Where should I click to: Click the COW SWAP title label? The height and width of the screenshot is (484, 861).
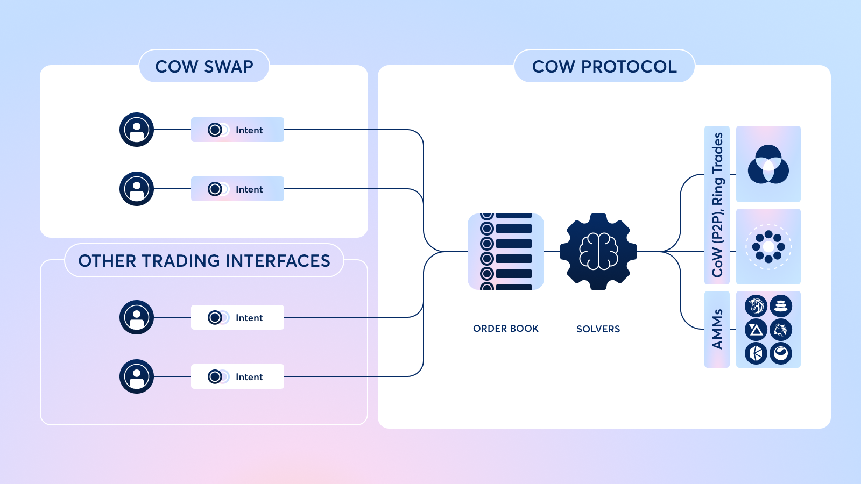pyautogui.click(x=204, y=66)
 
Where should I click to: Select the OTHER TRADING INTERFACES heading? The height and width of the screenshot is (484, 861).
pyautogui.click(x=204, y=261)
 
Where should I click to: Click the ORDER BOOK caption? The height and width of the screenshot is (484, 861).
pyautogui.click(x=505, y=329)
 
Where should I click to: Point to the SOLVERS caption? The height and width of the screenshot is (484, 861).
pyautogui.click(x=598, y=329)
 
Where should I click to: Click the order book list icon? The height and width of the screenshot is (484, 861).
pyautogui.click(x=505, y=252)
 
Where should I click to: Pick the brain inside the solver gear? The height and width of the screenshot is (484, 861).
pyautogui.click(x=598, y=251)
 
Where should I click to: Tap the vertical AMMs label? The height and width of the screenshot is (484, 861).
pyautogui.click(x=717, y=329)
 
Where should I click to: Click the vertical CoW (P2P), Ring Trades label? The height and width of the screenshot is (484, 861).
pyautogui.click(x=717, y=205)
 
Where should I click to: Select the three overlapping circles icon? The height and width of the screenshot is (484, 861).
pyautogui.click(x=768, y=164)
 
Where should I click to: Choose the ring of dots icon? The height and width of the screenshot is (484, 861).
pyautogui.click(x=768, y=247)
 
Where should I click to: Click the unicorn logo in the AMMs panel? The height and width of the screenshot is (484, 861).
pyautogui.click(x=756, y=306)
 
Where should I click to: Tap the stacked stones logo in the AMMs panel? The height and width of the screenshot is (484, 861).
pyautogui.click(x=780, y=306)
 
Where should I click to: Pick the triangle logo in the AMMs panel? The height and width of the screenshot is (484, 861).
pyautogui.click(x=756, y=330)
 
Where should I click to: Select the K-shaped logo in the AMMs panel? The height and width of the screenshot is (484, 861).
pyautogui.click(x=756, y=353)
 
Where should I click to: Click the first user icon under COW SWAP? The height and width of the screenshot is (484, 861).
pyautogui.click(x=137, y=130)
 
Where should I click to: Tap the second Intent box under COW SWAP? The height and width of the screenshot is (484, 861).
pyautogui.click(x=237, y=189)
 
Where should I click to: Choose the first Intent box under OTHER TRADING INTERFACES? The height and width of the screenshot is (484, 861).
pyautogui.click(x=237, y=317)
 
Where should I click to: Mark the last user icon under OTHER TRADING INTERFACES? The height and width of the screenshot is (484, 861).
pyautogui.click(x=137, y=376)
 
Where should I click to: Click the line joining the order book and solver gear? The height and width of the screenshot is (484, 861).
pyautogui.click(x=552, y=252)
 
